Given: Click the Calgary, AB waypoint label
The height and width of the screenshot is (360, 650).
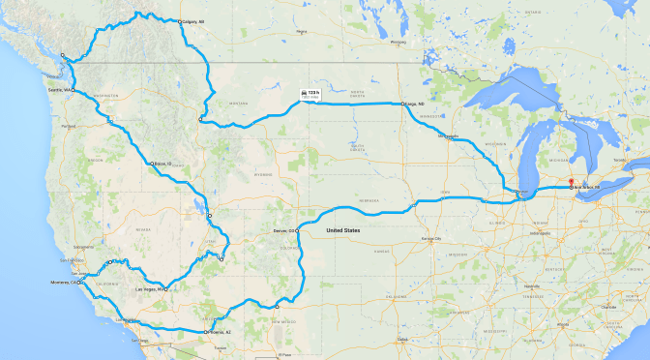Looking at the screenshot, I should [194, 21].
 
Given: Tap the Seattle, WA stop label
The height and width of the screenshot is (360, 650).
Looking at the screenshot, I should [59, 90].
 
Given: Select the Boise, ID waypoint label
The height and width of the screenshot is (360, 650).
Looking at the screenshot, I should [162, 164].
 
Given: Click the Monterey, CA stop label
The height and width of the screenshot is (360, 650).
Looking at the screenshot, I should [66, 283].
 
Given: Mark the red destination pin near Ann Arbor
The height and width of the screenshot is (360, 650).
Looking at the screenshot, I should [571, 181].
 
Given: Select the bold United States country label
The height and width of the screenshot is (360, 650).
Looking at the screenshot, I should [343, 230].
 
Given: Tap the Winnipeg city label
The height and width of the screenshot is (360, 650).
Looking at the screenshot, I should [395, 43].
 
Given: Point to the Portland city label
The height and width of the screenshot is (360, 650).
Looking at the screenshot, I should [67, 127].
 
